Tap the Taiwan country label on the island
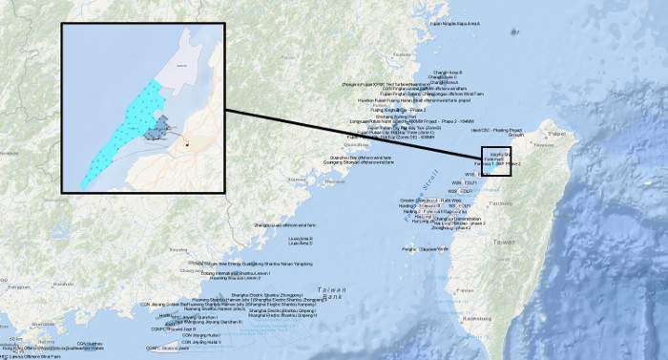pyautogui.click(x=502, y=243)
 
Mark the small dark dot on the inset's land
pyautogui.click(x=188, y=145)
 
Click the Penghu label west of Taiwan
pyautogui.click(x=410, y=249)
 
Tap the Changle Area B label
pyautogui.click(x=448, y=72)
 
